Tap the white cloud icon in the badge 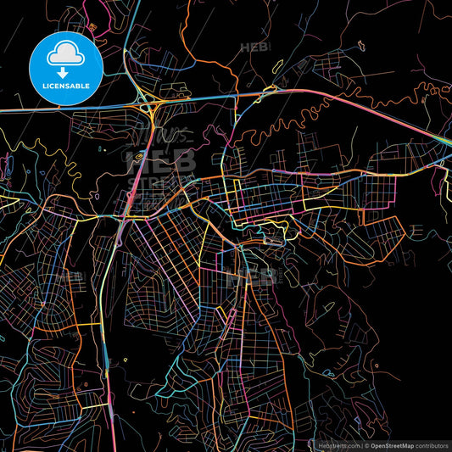(66, 55)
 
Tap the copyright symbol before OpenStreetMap (366, 444)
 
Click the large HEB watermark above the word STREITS (160, 160)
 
